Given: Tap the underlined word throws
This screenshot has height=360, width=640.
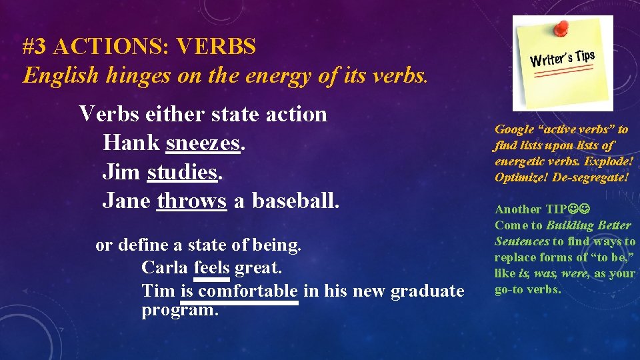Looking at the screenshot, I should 192,201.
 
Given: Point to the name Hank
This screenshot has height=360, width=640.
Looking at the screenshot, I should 131,143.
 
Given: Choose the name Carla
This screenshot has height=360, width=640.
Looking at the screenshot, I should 165,268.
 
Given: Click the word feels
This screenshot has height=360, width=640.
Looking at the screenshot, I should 212,268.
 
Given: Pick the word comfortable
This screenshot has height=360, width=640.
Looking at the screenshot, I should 248,291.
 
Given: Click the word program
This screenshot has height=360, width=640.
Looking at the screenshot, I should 180,311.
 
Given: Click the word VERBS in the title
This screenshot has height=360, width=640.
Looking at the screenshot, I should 217,47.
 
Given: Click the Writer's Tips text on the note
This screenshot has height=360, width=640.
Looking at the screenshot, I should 561,58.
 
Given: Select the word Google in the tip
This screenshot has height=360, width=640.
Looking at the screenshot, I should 514,129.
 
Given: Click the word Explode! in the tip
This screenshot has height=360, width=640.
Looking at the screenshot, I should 609,161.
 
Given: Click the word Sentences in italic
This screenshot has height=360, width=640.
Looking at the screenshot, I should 522,241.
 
